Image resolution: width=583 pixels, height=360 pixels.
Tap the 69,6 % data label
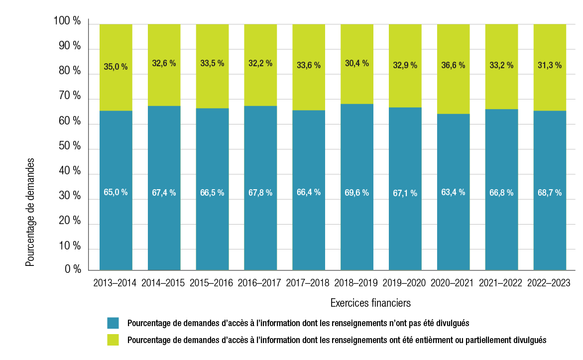click(x=356, y=192)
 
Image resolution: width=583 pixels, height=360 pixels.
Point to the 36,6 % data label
click(x=453, y=65)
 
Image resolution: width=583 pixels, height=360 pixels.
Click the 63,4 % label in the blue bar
click(x=453, y=192)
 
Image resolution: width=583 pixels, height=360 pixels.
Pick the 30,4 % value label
click(x=356, y=63)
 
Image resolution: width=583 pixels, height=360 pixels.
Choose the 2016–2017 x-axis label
click(x=259, y=283)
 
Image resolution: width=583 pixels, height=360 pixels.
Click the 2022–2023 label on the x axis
click(x=549, y=283)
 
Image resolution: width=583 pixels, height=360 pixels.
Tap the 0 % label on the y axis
click(x=73, y=269)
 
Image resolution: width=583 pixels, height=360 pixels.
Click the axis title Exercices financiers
click(x=370, y=303)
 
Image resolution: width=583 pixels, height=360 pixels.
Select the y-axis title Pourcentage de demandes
click(x=30, y=213)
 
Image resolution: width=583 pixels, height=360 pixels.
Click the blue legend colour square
click(x=113, y=323)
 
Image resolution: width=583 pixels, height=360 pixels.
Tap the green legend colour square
click(x=113, y=340)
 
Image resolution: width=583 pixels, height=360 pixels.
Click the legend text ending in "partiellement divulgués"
click(x=337, y=340)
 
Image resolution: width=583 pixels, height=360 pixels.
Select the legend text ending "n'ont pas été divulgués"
click(x=298, y=323)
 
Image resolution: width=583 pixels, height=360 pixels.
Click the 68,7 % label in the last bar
click(x=549, y=192)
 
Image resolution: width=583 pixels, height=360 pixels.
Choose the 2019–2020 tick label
click(x=404, y=283)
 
